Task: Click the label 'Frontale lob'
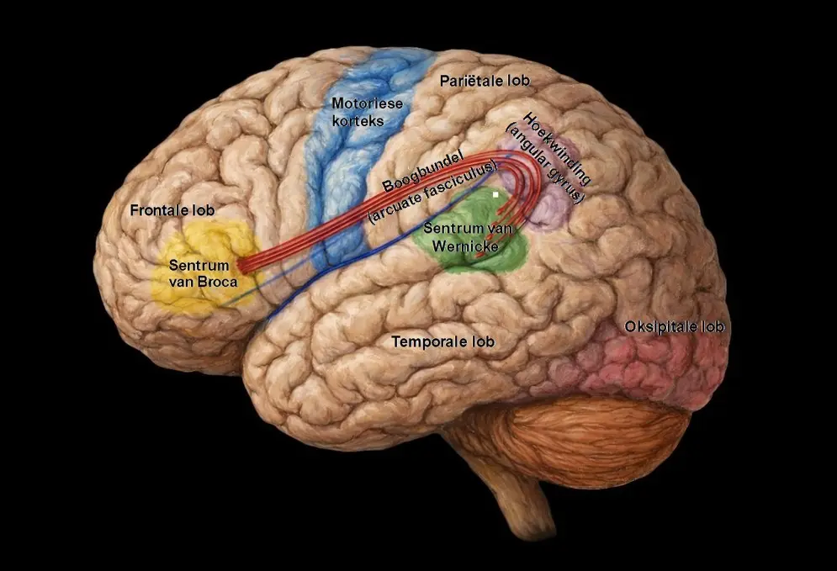click(x=172, y=210)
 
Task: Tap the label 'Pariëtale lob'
click(x=485, y=81)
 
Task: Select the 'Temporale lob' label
click(x=443, y=341)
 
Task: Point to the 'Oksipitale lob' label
click(x=674, y=326)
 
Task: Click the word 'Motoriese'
click(x=368, y=103)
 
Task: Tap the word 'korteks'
click(x=358, y=120)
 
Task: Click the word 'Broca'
click(x=217, y=281)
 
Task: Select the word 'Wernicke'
click(x=465, y=246)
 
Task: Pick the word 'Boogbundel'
click(x=421, y=172)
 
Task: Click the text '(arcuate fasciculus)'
click(x=433, y=193)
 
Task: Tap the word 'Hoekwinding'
click(x=558, y=148)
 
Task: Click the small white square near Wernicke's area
click(x=496, y=195)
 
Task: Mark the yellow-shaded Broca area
click(x=205, y=267)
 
